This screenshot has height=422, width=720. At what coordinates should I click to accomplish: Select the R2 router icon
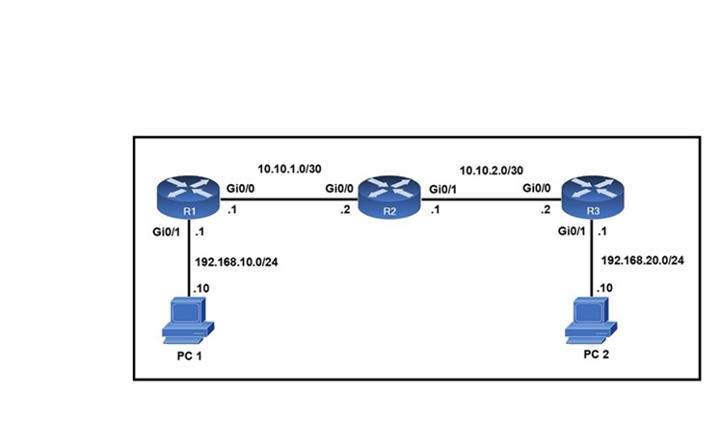[389, 198]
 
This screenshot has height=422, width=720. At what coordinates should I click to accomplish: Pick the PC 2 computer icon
[590, 320]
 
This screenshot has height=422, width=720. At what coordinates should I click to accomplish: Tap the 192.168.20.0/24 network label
[642, 260]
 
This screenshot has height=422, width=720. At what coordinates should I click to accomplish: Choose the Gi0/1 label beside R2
[442, 189]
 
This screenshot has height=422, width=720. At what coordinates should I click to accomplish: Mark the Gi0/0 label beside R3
[536, 189]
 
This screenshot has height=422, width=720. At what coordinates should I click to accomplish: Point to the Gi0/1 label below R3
[573, 231]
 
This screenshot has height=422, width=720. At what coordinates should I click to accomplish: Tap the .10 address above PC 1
[201, 287]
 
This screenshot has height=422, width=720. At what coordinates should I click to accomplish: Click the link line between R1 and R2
[289, 200]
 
